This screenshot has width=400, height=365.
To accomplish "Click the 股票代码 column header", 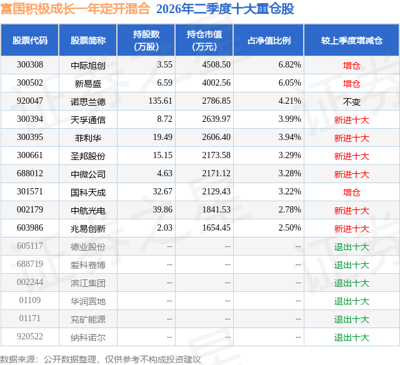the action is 30,40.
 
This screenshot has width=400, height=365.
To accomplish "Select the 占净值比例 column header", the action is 269,40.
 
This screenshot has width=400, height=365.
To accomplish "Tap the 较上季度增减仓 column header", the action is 352,40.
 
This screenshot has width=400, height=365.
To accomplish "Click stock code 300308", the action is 30,65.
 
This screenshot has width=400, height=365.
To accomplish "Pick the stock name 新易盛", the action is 88,83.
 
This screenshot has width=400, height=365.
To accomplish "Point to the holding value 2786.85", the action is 216,101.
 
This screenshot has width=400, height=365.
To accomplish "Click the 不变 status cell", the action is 351,102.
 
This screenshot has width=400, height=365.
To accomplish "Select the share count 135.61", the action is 161,101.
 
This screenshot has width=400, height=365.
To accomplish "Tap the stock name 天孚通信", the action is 88,119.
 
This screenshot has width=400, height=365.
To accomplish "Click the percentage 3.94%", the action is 289,137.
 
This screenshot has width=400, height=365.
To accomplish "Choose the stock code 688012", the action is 30,174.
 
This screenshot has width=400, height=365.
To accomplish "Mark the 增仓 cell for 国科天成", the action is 351,192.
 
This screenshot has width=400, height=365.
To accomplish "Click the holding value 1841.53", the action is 216,209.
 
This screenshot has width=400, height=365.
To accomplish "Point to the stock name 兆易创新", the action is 88,229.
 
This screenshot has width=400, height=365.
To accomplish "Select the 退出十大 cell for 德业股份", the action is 352,247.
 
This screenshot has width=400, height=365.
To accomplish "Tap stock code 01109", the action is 30,300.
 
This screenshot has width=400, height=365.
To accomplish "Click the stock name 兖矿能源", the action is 88,319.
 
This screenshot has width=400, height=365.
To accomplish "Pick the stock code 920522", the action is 30,336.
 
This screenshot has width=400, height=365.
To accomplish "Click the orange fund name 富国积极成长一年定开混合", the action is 75,8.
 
